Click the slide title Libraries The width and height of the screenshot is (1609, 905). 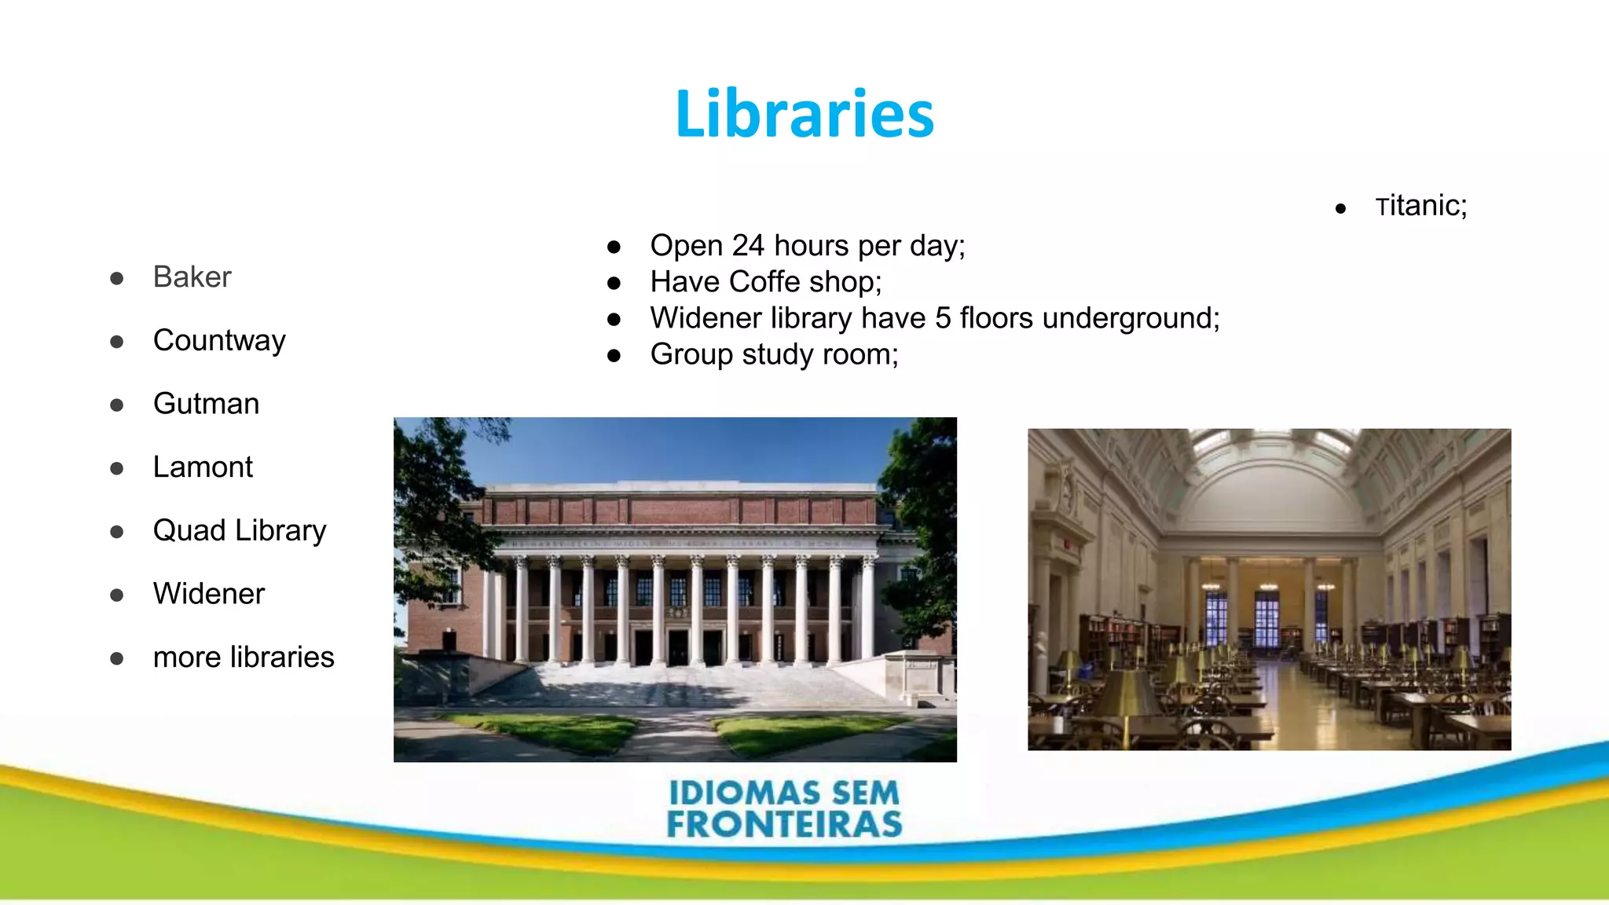tap(804, 115)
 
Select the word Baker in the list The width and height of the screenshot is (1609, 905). tap(192, 277)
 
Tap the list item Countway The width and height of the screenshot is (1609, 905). tap(219, 341)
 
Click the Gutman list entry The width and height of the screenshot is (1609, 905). tap(206, 404)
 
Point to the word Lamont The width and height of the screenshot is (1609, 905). tap(203, 467)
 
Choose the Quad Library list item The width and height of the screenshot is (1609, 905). tap(240, 531)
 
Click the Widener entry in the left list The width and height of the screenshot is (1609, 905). tap(209, 594)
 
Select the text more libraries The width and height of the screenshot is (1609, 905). tap(244, 658)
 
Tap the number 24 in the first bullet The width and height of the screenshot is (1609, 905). tap(748, 246)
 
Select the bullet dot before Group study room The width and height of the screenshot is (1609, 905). tap(614, 356)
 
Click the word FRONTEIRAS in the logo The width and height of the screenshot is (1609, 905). tap(784, 825)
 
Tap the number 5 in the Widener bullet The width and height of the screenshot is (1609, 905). tap(943, 318)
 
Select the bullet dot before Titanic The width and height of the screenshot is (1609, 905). tap(1340, 209)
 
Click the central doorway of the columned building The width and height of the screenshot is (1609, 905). tap(677, 646)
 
